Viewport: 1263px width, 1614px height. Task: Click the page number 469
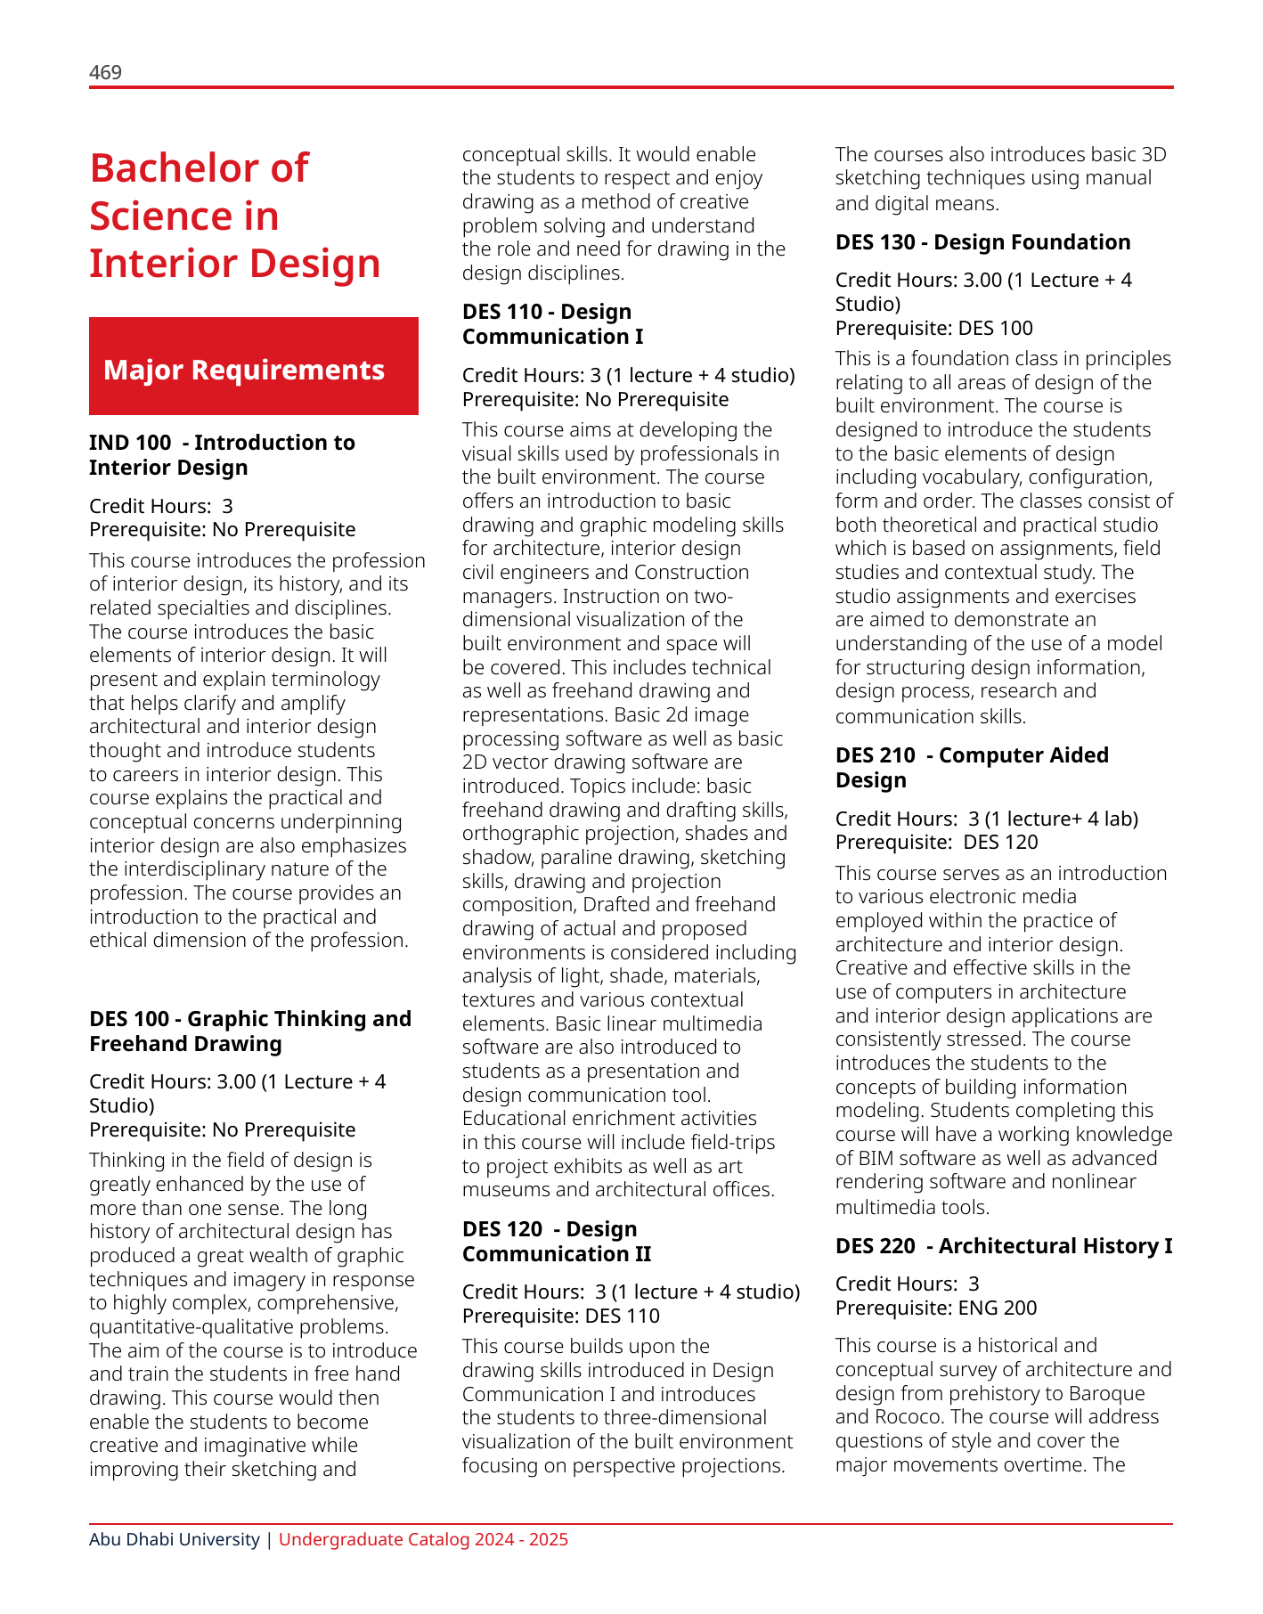coord(105,72)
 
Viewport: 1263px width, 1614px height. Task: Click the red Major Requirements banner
coord(254,366)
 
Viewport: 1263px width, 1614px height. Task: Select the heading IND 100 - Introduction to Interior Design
coord(222,455)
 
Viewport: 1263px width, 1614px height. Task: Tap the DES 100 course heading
coord(250,1031)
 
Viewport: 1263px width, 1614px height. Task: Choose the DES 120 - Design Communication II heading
coord(557,1241)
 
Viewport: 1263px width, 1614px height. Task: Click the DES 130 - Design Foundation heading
coord(982,242)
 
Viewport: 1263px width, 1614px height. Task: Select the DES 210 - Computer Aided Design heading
coord(972,767)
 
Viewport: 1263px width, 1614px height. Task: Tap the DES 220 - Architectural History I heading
coord(1003,1245)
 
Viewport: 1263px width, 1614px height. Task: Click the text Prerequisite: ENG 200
coord(936,1308)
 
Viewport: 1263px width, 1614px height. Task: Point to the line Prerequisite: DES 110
coord(561,1316)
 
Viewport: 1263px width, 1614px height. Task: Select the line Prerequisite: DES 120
coord(936,842)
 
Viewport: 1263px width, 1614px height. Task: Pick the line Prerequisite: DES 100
coord(933,328)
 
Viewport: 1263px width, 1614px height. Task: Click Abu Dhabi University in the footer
coord(174,1539)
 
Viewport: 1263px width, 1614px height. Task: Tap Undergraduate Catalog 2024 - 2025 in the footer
coord(423,1539)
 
